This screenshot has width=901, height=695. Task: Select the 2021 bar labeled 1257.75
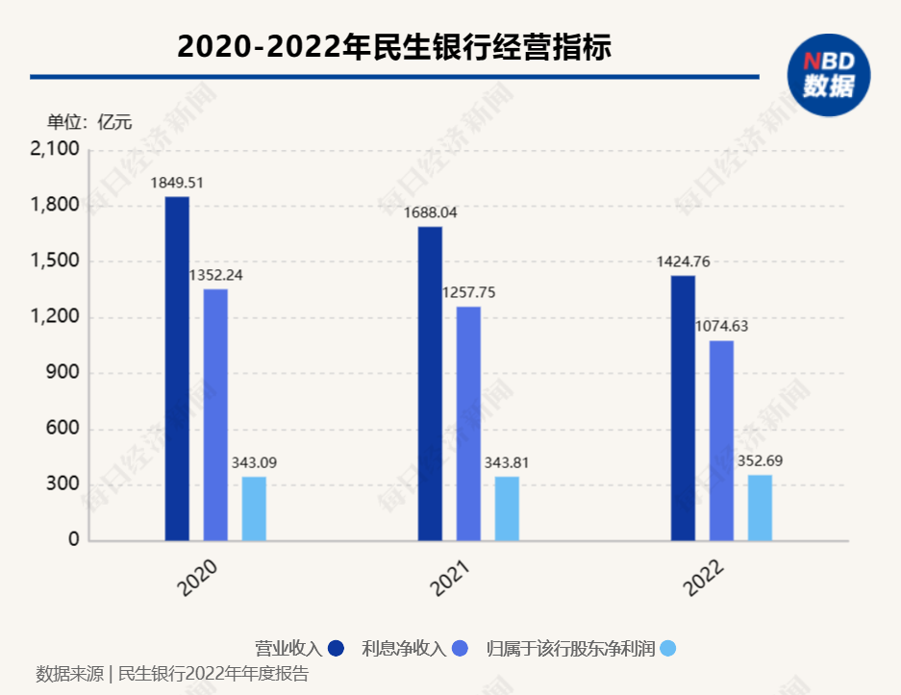468,423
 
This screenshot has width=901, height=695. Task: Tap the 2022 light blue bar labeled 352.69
760,508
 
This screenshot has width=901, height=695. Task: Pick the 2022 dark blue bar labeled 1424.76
683,408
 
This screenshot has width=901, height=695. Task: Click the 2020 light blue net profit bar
254,509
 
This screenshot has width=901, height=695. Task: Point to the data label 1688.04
430,212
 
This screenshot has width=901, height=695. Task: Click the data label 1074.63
721,326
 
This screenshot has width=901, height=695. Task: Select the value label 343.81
507,462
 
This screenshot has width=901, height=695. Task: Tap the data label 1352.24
215,274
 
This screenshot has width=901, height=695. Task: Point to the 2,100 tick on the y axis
54,150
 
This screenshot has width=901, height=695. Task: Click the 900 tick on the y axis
64,373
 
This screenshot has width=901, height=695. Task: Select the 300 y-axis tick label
64,484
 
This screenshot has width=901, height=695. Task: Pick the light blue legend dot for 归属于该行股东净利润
668,649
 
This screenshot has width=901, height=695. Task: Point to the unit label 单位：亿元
89,122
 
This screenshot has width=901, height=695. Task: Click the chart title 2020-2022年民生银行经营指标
394,46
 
